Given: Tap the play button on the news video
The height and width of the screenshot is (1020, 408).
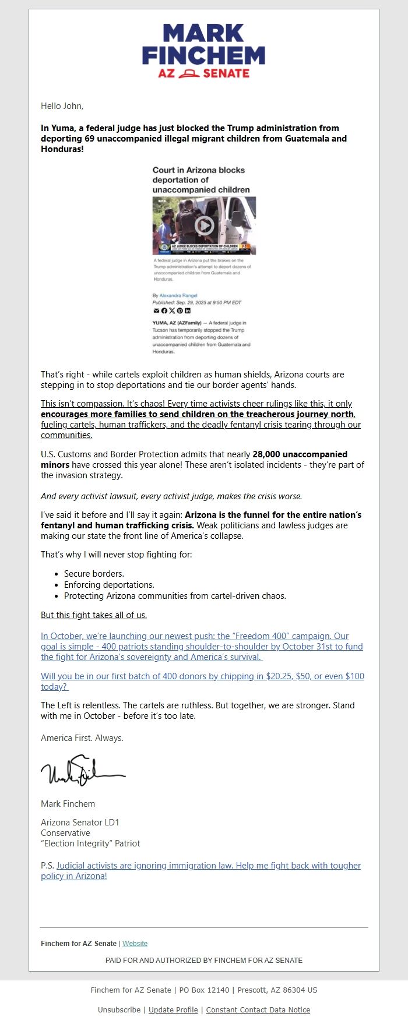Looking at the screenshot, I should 204,225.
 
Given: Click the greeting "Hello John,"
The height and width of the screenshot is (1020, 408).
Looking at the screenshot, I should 62,106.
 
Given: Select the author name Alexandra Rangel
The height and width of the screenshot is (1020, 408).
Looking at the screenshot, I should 178,295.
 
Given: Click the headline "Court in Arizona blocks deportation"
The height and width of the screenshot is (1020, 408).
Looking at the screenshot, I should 199,179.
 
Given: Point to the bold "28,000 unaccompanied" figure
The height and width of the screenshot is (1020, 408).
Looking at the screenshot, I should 300,454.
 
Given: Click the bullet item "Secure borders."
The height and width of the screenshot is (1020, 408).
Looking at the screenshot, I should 94,574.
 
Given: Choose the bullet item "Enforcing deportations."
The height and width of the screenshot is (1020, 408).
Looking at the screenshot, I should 109,585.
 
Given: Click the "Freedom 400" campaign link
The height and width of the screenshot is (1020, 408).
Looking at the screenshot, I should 202,647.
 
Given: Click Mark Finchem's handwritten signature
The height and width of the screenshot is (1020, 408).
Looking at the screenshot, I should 83,772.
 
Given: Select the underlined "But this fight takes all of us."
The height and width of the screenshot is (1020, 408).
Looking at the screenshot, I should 94,615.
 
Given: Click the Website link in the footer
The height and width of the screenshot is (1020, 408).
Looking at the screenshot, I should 135,944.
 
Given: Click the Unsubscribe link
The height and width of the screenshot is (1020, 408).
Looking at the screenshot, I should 119,1010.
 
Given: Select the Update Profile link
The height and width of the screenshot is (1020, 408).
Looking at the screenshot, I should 173,1010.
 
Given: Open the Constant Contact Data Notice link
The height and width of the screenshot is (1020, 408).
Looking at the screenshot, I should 258,1010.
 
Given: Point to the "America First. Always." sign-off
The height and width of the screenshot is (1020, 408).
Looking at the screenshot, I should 82,738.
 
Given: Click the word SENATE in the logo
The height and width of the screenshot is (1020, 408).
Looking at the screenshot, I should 226,73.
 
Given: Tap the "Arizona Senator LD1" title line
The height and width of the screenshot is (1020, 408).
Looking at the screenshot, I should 80,823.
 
